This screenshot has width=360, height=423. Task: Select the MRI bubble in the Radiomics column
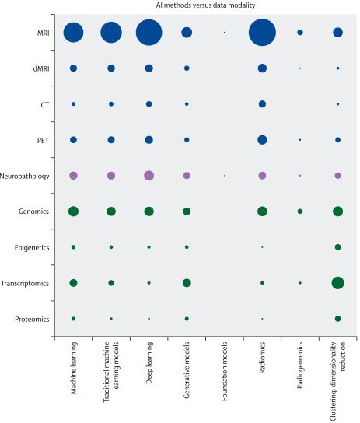click(x=262, y=33)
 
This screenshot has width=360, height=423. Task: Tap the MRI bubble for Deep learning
click(x=149, y=33)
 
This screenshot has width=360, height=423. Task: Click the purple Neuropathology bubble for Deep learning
click(x=149, y=176)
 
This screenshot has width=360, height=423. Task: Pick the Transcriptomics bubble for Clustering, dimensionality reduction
click(x=337, y=282)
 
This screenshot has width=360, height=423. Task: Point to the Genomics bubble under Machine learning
click(x=73, y=211)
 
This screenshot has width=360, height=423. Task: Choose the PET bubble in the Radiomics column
click(x=262, y=140)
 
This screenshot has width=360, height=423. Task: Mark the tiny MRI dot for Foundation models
click(x=225, y=33)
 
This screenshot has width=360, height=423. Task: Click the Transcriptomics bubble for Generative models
click(x=187, y=282)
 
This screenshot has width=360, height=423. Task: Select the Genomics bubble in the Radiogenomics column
click(x=300, y=211)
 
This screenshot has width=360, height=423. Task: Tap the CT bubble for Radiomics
click(x=262, y=104)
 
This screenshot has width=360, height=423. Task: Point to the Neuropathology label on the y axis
click(x=26, y=176)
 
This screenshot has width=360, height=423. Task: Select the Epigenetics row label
click(x=29, y=247)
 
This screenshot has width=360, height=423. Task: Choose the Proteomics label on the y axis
click(x=30, y=319)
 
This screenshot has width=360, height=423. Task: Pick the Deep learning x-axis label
click(x=149, y=369)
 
